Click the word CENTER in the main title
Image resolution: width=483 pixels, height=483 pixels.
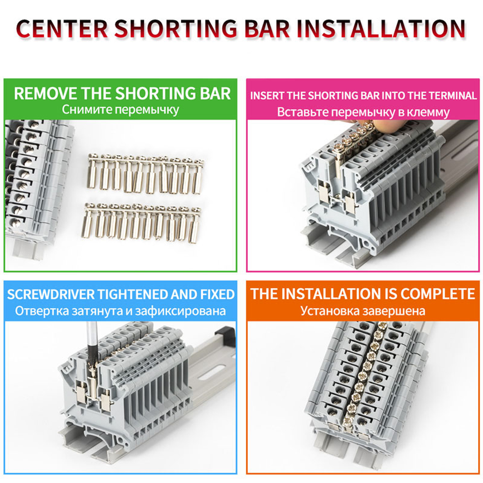tap(62, 29)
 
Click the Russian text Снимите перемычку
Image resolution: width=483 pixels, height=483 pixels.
tap(120, 110)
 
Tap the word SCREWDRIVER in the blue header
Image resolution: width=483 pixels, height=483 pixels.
tap(51, 294)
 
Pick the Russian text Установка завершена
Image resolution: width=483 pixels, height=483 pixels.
tap(363, 311)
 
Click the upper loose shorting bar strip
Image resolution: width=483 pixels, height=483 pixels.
tap(146, 173)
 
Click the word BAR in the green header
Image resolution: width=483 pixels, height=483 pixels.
tap(215, 93)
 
